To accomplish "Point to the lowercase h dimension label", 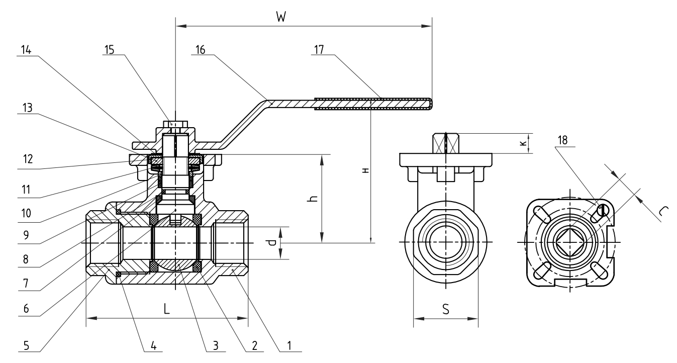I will (x=312, y=200).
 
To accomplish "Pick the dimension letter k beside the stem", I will (x=523, y=143).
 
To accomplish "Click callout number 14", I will (x=27, y=49).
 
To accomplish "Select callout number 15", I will (x=110, y=49).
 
